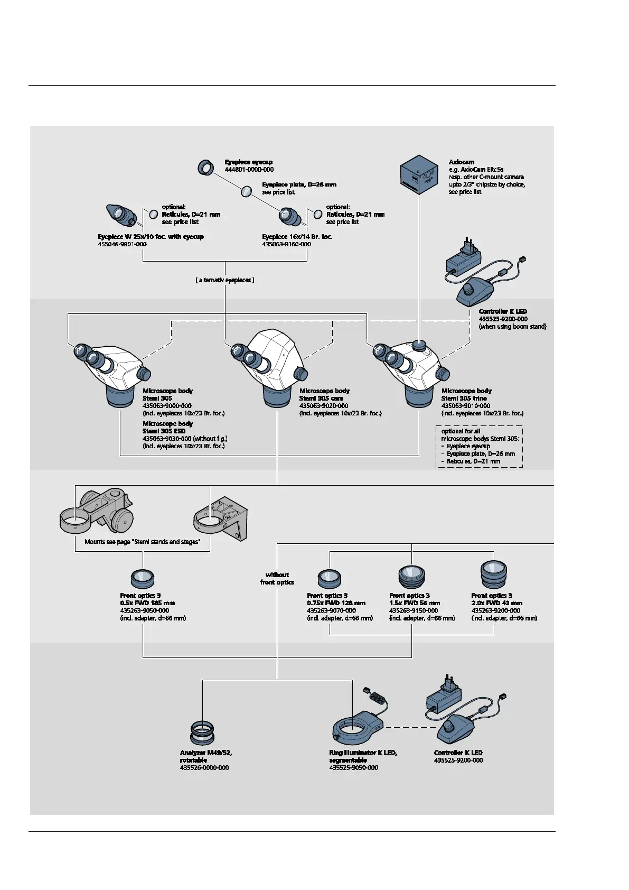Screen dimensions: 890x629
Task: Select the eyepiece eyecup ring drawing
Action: (205, 168)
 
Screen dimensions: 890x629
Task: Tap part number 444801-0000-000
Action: (249, 170)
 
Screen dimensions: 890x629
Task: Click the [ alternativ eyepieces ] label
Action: (225, 280)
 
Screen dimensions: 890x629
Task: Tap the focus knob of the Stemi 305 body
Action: (144, 374)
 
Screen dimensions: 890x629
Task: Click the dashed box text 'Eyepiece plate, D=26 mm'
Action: (481, 454)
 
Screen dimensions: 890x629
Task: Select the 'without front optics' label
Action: (277, 578)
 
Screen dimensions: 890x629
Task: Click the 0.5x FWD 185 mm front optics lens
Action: (142, 579)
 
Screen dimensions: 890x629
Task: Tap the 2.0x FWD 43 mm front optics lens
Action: (493, 574)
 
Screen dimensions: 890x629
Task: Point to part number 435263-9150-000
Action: (414, 610)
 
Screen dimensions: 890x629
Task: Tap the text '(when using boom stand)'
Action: (512, 327)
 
